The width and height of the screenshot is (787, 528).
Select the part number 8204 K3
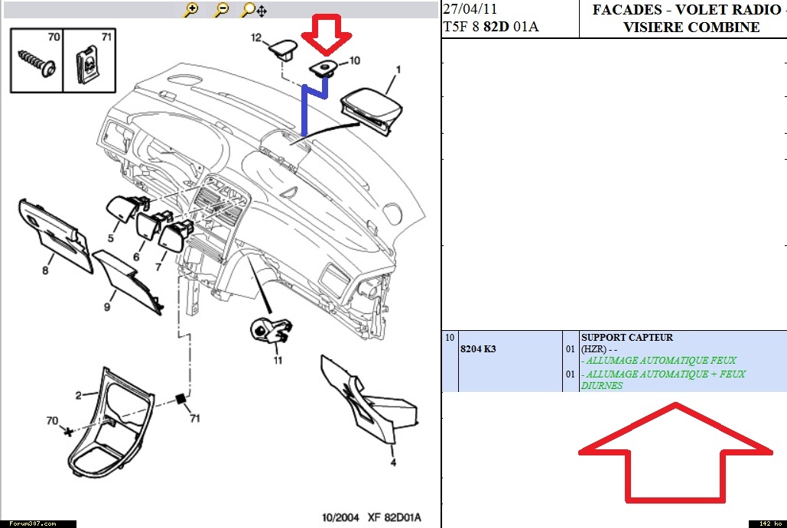478,348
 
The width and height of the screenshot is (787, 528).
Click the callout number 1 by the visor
398,70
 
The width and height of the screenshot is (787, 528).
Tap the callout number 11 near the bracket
277,360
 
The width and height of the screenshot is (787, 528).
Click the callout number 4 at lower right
393,462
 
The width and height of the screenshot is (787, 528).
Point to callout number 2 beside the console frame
78,395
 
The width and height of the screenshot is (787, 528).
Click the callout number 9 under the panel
107,306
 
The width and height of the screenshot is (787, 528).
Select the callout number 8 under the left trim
46,270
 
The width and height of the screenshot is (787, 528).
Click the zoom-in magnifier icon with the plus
191,10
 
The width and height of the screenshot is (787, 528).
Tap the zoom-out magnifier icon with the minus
222,10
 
